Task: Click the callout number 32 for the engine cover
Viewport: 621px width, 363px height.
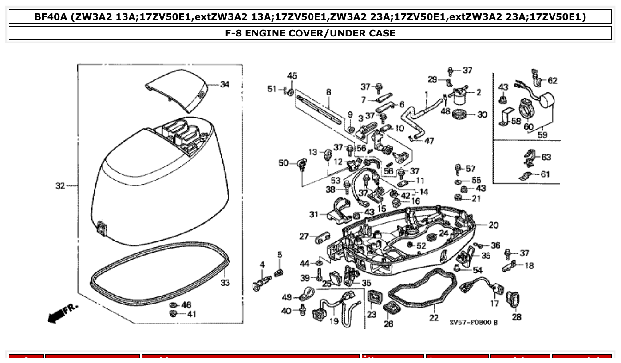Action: (x=60, y=186)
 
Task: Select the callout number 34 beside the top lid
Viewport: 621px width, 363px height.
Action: (x=225, y=84)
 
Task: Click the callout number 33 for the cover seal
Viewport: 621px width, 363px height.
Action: (x=225, y=282)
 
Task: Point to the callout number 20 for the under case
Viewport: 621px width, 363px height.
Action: (x=493, y=225)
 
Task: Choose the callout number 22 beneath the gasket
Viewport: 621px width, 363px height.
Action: (x=434, y=318)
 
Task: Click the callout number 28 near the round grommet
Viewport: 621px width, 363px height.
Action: (x=517, y=317)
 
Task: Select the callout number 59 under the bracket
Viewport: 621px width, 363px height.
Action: (x=542, y=134)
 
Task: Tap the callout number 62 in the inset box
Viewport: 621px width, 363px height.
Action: (x=552, y=81)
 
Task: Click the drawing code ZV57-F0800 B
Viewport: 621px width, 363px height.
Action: (x=473, y=322)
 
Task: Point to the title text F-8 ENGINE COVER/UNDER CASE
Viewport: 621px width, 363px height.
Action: (x=310, y=33)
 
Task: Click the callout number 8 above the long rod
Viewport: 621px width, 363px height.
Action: (x=328, y=92)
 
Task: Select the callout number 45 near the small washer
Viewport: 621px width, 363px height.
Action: (x=292, y=75)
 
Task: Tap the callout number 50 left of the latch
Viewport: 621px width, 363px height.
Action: (x=284, y=163)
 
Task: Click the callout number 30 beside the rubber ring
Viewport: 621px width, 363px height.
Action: (x=482, y=114)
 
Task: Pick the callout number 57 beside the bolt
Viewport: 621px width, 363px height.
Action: (x=471, y=169)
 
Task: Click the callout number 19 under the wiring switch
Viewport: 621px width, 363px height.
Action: (x=334, y=321)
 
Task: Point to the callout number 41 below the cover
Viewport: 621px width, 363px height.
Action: (x=191, y=314)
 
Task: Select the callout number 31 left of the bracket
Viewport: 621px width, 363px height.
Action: (x=314, y=214)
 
